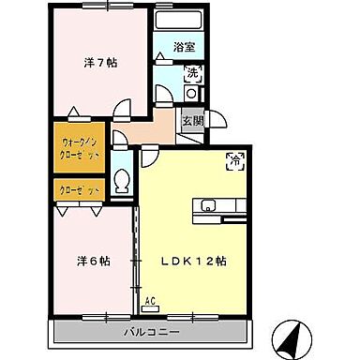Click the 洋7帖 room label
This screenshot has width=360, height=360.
pos(100,63)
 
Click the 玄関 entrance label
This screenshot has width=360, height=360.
pos(190,120)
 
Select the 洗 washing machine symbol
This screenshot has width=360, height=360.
pos(191,72)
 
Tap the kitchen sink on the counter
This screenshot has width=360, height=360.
pos(207,205)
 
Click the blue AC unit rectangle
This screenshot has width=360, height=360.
pos(150,309)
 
